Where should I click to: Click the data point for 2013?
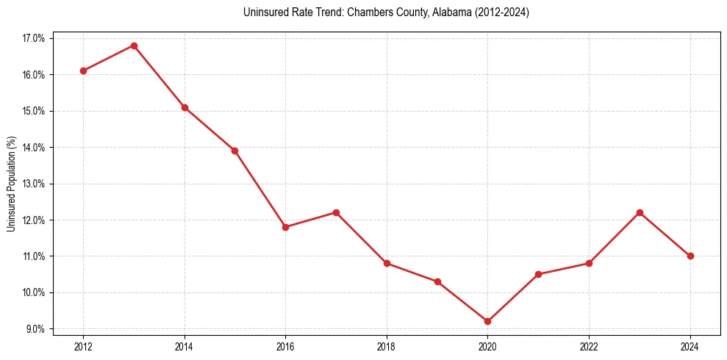[134, 46]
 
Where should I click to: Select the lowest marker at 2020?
[487, 321]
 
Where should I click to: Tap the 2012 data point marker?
[83, 71]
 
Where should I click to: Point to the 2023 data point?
[640, 212]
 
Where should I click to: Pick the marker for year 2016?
[285, 227]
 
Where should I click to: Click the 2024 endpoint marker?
[690, 256]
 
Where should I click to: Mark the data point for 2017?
[336, 212]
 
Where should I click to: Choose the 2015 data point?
[234, 151]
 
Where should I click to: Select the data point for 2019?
[437, 281]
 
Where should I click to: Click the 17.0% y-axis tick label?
[35, 38]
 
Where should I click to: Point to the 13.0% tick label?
[35, 184]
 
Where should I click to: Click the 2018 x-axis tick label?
[387, 346]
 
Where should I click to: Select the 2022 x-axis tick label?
[589, 346]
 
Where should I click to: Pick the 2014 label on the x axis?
[185, 346]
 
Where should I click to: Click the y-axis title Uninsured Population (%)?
[11, 184]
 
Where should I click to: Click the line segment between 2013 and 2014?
[159, 76]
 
